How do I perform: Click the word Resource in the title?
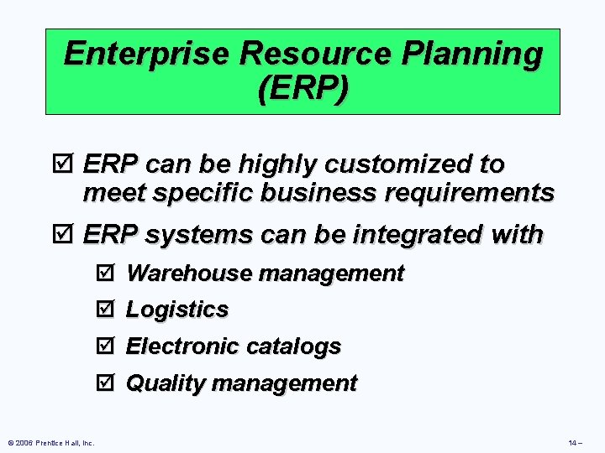[x=322, y=55]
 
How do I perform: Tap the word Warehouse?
[x=189, y=273]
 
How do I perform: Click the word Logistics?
[x=177, y=310]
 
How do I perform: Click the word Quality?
[x=166, y=383]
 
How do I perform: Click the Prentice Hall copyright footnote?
[x=50, y=442]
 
